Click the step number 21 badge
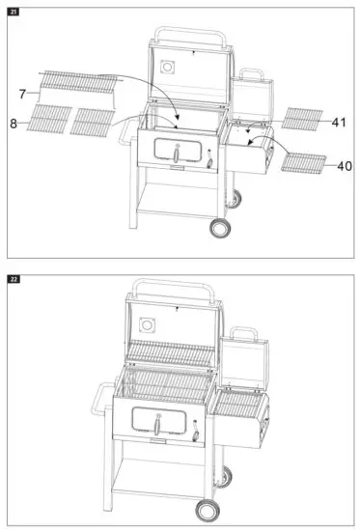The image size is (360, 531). [14, 11]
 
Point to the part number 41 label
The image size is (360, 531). [337, 123]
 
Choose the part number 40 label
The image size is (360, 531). [343, 165]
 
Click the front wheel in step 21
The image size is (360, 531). [221, 228]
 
